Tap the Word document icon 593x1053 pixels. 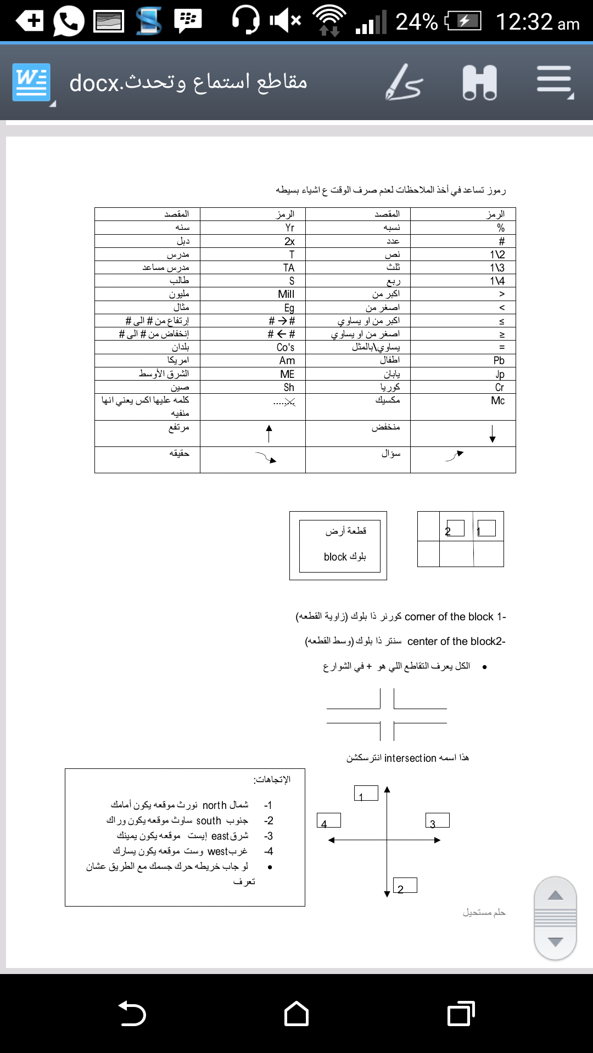click(32, 83)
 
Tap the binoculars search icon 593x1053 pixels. click(479, 83)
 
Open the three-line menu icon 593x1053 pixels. click(555, 83)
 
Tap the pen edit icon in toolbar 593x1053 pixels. click(404, 83)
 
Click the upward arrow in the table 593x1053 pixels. click(269, 433)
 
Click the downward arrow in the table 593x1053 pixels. click(493, 433)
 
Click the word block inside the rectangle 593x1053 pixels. click(335, 557)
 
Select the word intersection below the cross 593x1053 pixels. click(410, 758)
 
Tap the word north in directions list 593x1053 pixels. click(215, 805)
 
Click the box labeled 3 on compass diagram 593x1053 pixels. click(437, 820)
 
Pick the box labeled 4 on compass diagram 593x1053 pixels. click(328, 820)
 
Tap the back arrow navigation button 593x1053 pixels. click(132, 1013)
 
